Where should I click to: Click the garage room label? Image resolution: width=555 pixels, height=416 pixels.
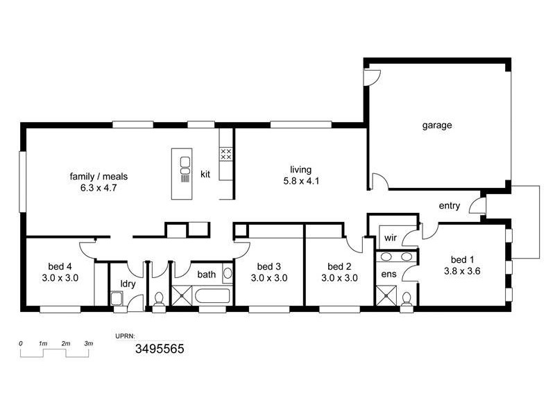point(437,125)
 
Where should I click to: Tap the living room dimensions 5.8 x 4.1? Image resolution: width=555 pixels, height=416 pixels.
point(301,181)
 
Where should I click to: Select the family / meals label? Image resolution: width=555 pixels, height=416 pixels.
point(99,176)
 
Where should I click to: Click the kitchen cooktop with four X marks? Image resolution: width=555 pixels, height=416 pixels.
point(226,154)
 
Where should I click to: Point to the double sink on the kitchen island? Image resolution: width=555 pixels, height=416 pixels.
point(185,166)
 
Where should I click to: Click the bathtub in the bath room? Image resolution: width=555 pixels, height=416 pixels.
point(212,296)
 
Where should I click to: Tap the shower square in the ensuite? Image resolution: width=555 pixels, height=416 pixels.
point(386,296)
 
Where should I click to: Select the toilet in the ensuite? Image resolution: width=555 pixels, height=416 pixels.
point(407,300)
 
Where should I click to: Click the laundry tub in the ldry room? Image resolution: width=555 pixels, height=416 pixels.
point(117,298)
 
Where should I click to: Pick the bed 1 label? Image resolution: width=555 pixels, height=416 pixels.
point(462,259)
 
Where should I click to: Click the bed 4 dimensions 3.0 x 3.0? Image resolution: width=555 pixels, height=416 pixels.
point(60,278)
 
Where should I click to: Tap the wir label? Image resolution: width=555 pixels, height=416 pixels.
point(391,238)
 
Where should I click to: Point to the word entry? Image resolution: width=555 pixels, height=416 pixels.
point(450,206)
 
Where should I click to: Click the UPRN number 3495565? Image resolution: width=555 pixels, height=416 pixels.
point(160,349)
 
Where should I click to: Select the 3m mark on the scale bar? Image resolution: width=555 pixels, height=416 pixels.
point(89,343)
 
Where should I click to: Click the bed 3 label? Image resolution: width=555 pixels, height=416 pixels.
point(269,266)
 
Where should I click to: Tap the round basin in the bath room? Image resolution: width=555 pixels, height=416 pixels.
point(228,273)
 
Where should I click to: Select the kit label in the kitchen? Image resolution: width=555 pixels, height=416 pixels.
point(205,174)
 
